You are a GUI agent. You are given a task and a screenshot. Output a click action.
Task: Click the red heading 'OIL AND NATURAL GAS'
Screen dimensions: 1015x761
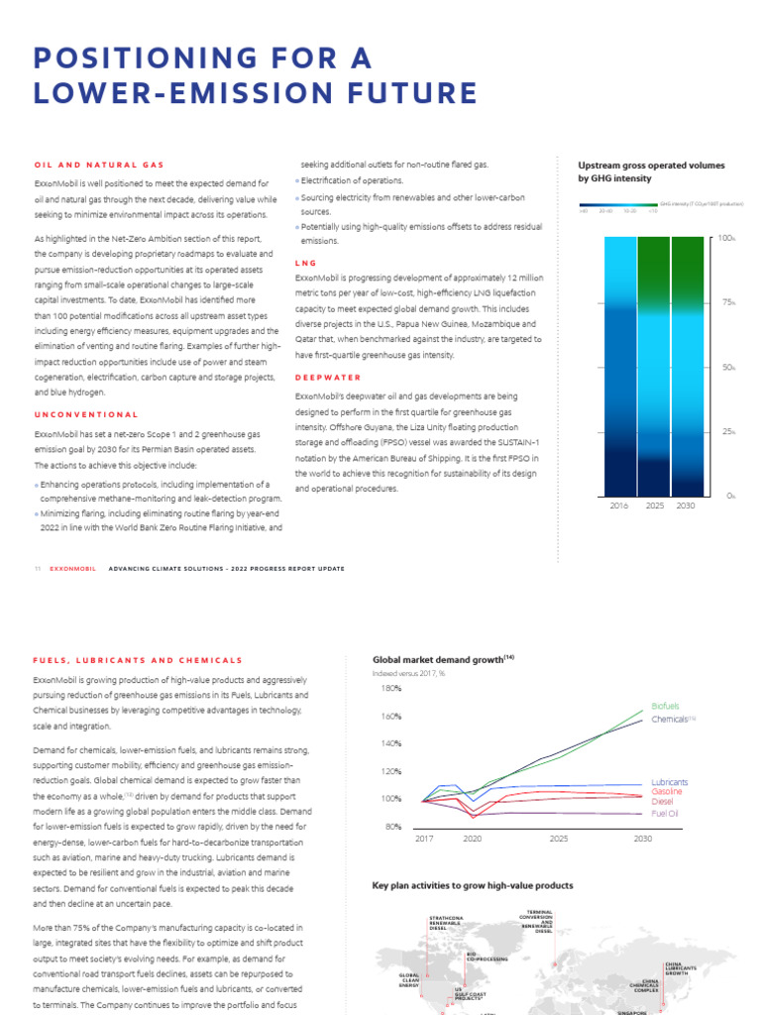(98, 165)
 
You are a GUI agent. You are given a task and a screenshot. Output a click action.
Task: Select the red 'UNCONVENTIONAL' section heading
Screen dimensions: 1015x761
(86, 414)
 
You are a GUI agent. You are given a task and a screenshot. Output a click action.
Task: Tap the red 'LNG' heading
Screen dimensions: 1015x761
(306, 263)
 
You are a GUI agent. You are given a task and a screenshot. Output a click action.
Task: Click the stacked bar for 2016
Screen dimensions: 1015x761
(618, 366)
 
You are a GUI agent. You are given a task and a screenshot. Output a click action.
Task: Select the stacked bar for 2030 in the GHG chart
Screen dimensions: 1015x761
(689, 366)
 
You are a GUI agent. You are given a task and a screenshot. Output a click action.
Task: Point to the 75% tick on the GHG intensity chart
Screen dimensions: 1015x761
(729, 303)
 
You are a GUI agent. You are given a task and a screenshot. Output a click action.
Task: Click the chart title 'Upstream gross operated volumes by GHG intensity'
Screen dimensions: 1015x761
(651, 171)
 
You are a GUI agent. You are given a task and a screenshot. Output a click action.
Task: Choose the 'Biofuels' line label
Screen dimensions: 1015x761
(665, 706)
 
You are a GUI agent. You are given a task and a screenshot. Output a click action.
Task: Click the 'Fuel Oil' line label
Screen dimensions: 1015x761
(664, 813)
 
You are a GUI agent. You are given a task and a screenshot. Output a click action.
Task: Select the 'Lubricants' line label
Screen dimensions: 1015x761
(669, 782)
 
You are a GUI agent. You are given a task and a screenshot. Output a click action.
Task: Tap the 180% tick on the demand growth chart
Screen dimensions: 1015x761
(390, 687)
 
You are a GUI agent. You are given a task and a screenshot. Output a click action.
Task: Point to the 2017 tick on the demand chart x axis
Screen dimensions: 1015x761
(423, 839)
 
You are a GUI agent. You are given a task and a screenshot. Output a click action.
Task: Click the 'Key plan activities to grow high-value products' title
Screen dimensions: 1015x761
(472, 885)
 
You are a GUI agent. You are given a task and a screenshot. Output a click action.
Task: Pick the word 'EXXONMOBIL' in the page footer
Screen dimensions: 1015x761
(71, 569)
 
